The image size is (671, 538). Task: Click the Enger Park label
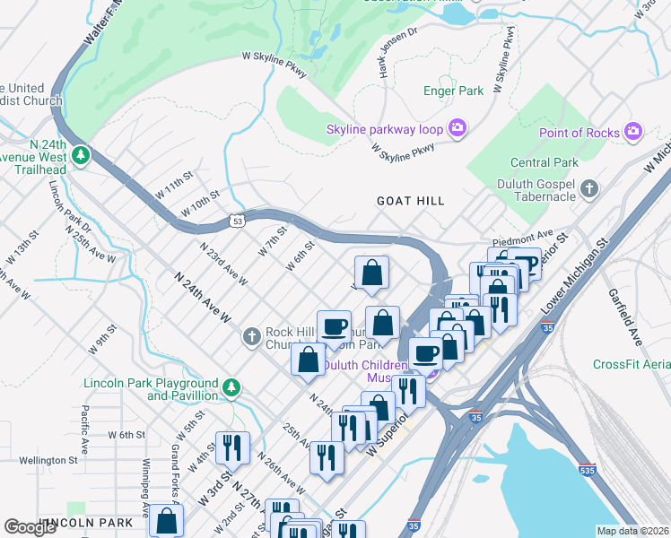tap(453, 91)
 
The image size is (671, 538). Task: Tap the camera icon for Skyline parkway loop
tap(457, 129)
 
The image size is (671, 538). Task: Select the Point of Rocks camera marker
tap(633, 133)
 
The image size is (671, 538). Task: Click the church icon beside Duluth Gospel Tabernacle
tap(589, 188)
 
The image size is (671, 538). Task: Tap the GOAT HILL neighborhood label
tap(412, 202)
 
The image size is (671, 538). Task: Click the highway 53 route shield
tap(238, 220)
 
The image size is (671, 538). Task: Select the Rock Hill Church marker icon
tap(252, 337)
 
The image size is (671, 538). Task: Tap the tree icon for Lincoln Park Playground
tap(231, 387)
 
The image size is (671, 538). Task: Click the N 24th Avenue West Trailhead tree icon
tap(82, 155)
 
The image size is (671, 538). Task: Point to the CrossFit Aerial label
tap(631, 364)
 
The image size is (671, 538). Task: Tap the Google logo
tap(30, 527)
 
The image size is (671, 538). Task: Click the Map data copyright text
tap(633, 530)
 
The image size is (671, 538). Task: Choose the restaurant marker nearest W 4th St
tap(232, 447)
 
